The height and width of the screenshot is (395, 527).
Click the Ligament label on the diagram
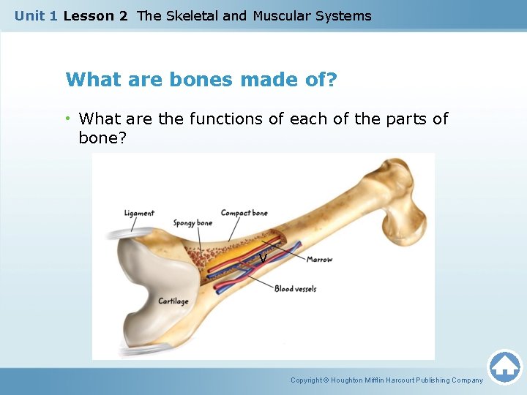pyautogui.click(x=139, y=214)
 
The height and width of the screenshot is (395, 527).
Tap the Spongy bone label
pyautogui.click(x=193, y=223)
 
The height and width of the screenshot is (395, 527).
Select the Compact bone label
pyautogui.click(x=244, y=214)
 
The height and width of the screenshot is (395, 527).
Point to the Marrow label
pyautogui.click(x=319, y=260)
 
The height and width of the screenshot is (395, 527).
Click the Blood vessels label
pyautogui.click(x=296, y=289)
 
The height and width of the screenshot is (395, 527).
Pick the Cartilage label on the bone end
pyautogui.click(x=173, y=301)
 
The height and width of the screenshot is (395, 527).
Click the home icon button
pyautogui.click(x=504, y=366)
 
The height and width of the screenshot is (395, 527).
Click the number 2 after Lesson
pyautogui.click(x=123, y=15)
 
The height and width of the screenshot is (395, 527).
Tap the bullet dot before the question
pyautogui.click(x=68, y=118)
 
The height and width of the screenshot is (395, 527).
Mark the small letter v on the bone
pyautogui.click(x=262, y=258)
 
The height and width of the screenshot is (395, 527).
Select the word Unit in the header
pyautogui.click(x=30, y=15)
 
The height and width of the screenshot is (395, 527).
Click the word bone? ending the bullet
pyautogui.click(x=102, y=138)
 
